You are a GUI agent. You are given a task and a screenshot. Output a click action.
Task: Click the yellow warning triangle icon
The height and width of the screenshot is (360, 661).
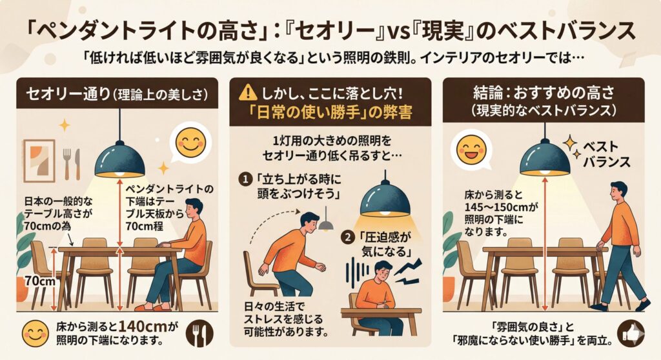(x=247, y=92)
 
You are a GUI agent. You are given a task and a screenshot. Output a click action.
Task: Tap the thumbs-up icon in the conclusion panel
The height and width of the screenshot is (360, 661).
(x=631, y=333)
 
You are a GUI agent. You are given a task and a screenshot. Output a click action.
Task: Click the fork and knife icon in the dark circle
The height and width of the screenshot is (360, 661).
(x=200, y=333)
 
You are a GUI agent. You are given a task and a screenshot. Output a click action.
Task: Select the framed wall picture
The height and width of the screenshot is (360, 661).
(x=39, y=160)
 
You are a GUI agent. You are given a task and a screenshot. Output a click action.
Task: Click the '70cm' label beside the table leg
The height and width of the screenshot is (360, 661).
(x=39, y=281)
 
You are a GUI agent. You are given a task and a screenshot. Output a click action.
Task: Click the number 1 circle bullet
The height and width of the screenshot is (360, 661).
(x=245, y=180)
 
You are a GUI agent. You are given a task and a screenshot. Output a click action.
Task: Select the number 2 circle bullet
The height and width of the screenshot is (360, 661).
(x=347, y=237)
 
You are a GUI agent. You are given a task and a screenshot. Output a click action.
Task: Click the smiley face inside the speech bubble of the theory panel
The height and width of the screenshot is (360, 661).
(x=190, y=143)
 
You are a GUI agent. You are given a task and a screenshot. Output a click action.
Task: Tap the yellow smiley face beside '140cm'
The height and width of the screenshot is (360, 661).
(x=35, y=333)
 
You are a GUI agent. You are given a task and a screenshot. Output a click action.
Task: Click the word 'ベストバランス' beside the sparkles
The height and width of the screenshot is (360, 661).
(x=607, y=154)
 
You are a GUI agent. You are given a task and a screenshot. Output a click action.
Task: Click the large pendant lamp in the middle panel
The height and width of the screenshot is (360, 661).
(x=385, y=196)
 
